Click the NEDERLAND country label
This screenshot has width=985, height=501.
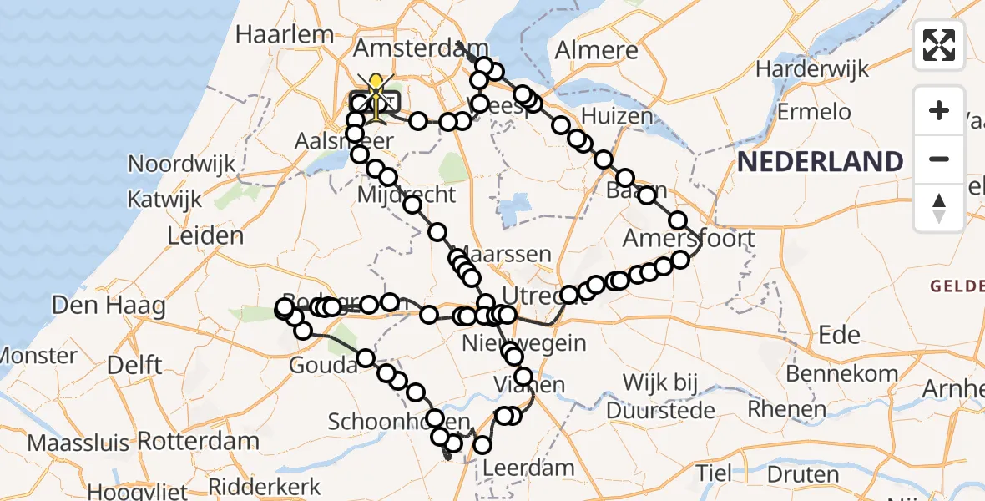(x=820, y=161)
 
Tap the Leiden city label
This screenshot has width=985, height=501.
(x=205, y=235)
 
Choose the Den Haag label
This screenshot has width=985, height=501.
(x=108, y=306)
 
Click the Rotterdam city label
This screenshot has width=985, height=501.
(x=198, y=440)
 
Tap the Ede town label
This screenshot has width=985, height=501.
(x=839, y=335)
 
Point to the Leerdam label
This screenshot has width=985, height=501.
(x=517, y=468)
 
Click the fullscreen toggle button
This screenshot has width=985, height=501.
(x=939, y=45)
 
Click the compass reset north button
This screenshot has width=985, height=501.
(x=939, y=207)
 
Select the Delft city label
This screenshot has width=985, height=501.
(x=134, y=365)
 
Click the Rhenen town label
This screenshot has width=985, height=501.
(x=787, y=409)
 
